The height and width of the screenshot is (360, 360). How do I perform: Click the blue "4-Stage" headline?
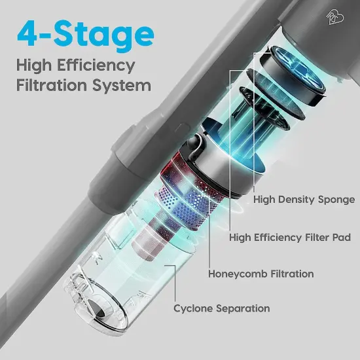tap(86, 33)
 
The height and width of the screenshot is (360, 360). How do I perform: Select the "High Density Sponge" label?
tap(304, 199)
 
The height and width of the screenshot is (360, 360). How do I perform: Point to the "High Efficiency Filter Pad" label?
tap(294, 237)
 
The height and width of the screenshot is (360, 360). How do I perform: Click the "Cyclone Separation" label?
tap(221, 308)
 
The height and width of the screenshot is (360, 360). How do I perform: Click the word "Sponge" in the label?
tap(336, 199)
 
